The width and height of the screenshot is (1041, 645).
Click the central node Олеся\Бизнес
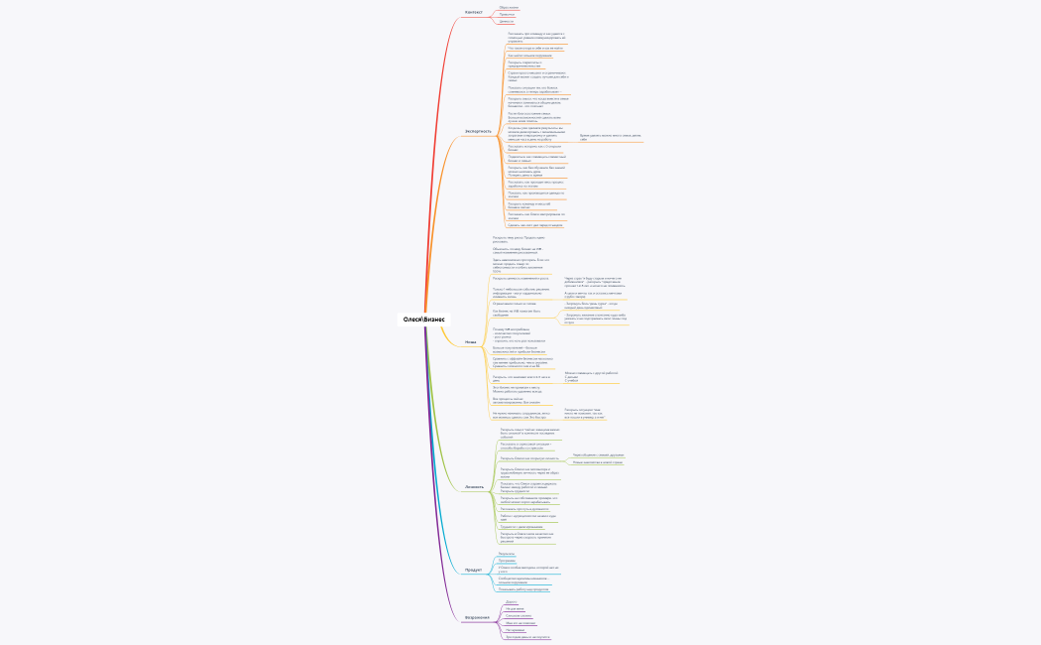pyautogui.click(x=424, y=320)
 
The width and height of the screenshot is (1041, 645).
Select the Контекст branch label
pyautogui.click(x=474, y=13)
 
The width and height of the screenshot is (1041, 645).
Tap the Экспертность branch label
pyautogui.click(x=478, y=131)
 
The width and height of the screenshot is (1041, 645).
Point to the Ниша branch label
pyautogui.click(x=471, y=342)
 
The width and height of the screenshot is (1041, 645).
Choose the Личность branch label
pyautogui.click(x=475, y=487)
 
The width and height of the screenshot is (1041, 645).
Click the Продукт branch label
pyautogui.click(x=473, y=570)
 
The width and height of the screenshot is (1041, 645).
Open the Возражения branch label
pyautogui.click(x=477, y=617)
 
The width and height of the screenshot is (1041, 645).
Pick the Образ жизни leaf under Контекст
pyautogui.click(x=509, y=7)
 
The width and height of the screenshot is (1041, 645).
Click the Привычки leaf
pyautogui.click(x=507, y=14)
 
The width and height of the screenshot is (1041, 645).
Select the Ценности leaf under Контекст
pyautogui.click(x=507, y=21)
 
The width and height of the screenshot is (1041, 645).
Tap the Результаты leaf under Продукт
pyautogui.click(x=506, y=553)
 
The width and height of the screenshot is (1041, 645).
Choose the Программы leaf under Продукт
pyautogui.click(x=506, y=560)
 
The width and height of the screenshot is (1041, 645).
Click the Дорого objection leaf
pyautogui.click(x=511, y=601)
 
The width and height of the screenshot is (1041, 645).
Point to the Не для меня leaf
pyautogui.click(x=514, y=608)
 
